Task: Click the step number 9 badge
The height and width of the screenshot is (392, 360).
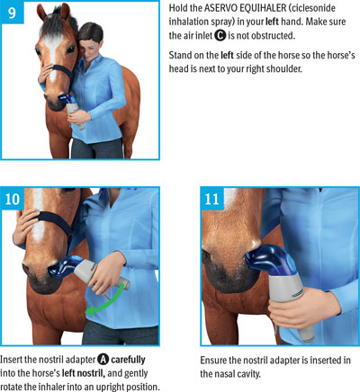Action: [x=12, y=13]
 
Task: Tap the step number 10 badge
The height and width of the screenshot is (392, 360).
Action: [x=12, y=199]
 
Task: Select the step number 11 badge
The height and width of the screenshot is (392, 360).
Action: [x=212, y=199]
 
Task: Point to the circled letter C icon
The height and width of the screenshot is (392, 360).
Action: [x=220, y=36]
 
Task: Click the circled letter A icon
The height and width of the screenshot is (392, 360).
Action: [x=103, y=360]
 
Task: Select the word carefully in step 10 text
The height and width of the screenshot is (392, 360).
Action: [x=128, y=360]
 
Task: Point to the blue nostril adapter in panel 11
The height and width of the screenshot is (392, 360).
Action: [x=267, y=260]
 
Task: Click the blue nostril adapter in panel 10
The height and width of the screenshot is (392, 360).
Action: [x=63, y=268]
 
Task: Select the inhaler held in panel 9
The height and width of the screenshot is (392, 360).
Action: [x=71, y=110]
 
